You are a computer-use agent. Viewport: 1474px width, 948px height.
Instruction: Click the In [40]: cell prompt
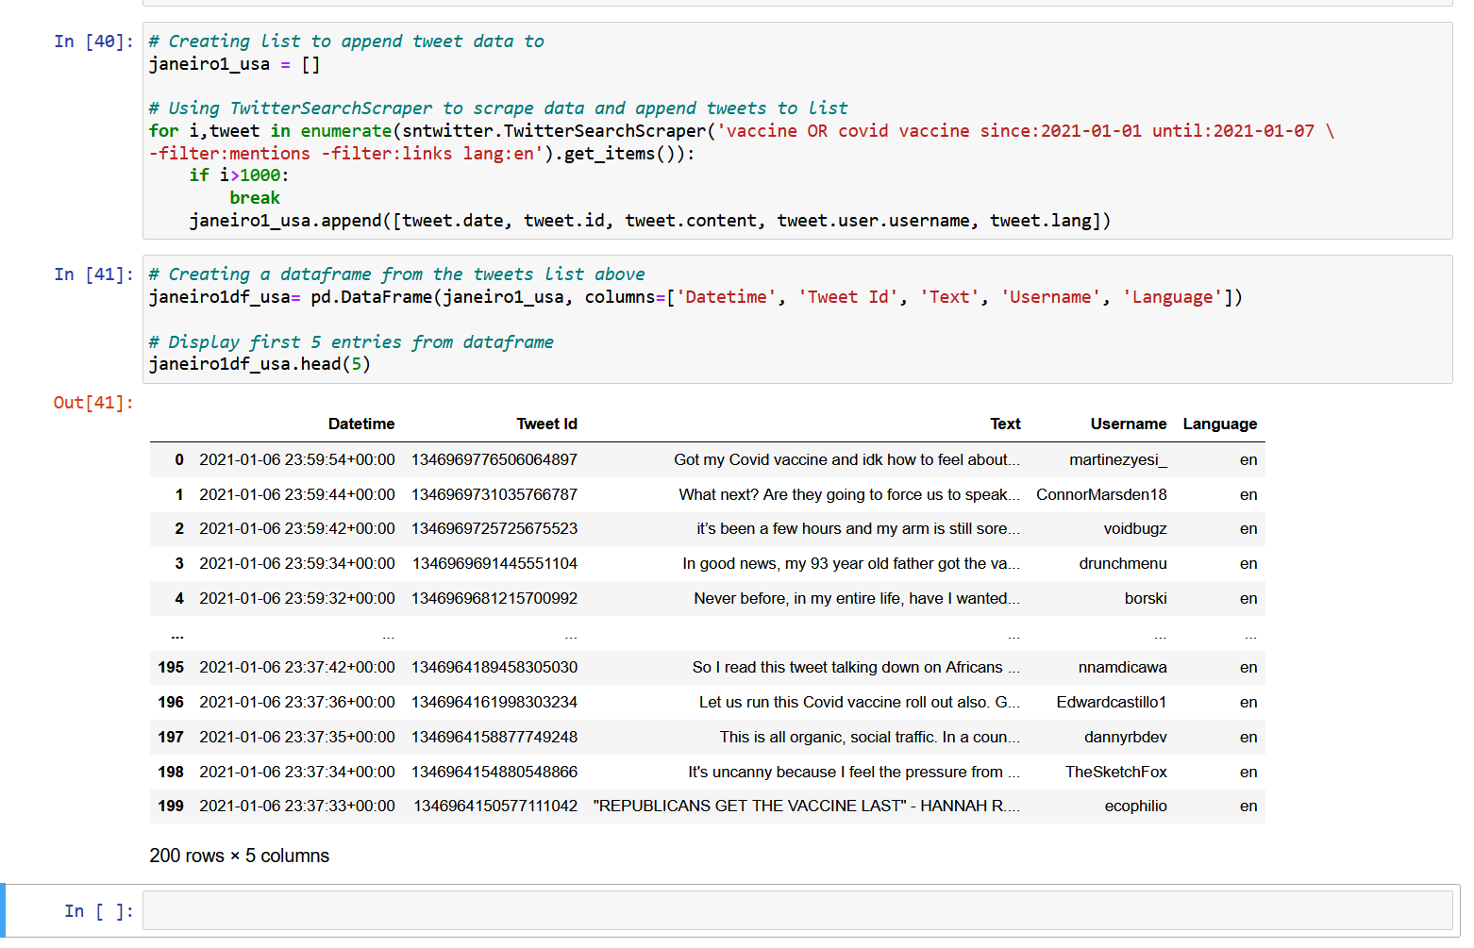[x=93, y=42]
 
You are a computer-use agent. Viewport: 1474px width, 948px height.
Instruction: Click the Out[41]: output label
[x=93, y=403]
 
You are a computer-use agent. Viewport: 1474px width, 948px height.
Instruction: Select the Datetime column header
[x=361, y=424]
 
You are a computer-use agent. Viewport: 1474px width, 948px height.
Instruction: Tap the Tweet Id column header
[x=546, y=424]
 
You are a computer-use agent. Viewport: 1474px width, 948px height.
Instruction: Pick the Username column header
[x=1128, y=424]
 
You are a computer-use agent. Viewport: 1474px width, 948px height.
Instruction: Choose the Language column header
[x=1219, y=424]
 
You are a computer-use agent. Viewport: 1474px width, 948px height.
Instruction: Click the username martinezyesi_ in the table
[x=1117, y=460]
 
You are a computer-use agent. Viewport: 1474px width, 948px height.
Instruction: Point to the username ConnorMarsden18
[x=1101, y=495]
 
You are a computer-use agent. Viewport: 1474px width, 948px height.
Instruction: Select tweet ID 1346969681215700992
[x=494, y=599]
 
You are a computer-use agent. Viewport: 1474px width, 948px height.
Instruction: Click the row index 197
[x=171, y=738]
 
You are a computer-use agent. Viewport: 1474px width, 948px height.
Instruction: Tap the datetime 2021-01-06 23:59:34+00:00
[x=297, y=564]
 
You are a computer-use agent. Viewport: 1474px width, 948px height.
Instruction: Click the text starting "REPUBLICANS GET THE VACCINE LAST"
[x=806, y=807]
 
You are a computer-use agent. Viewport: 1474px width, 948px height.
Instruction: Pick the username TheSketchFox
[x=1115, y=773]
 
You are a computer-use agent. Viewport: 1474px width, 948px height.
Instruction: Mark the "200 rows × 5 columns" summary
[x=240, y=857]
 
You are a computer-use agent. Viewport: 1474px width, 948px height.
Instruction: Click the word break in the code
[x=255, y=198]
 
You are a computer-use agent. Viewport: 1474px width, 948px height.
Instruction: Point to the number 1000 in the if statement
[x=260, y=175]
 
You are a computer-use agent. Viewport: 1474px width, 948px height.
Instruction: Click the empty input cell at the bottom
[x=796, y=911]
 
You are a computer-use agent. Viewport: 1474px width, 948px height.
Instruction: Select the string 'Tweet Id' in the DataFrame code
[x=847, y=298]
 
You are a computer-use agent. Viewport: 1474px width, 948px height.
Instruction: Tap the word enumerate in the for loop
[x=345, y=131]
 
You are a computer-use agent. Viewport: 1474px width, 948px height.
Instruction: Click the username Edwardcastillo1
[x=1111, y=703]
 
